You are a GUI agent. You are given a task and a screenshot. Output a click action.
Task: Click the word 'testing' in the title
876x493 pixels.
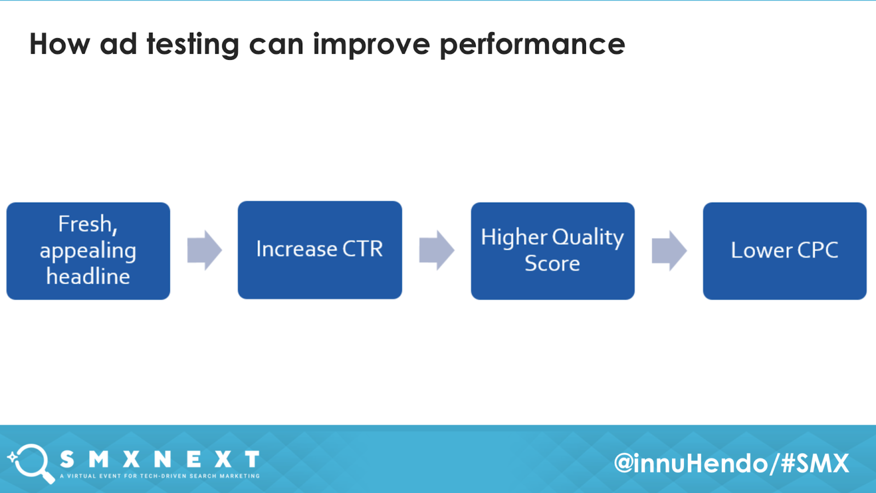(x=193, y=44)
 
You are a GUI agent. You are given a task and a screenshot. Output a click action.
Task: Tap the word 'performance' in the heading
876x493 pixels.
(x=532, y=44)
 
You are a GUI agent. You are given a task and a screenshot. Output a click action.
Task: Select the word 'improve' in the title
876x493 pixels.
(x=372, y=44)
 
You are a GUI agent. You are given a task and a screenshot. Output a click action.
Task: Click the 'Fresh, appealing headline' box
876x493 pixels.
(x=88, y=251)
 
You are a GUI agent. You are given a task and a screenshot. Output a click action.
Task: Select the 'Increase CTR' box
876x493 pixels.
(x=320, y=250)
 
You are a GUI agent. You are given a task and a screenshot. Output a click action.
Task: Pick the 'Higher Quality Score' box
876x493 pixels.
(x=552, y=251)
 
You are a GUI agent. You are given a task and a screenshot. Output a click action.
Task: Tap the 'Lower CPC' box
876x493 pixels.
(x=785, y=251)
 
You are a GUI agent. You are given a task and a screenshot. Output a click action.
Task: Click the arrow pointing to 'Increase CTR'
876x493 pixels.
(x=205, y=250)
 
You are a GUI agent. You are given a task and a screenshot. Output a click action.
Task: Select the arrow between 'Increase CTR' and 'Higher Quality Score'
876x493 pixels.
(x=437, y=250)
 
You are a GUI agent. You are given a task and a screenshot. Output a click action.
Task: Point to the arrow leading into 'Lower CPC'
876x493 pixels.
(x=669, y=250)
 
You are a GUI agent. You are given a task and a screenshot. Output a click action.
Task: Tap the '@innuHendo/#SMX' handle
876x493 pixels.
(x=731, y=463)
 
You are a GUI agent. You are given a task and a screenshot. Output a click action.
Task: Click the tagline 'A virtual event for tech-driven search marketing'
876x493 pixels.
(x=159, y=476)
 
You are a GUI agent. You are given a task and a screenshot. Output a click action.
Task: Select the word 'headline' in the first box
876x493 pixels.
(x=88, y=276)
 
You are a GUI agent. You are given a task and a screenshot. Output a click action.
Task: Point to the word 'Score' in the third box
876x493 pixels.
(x=552, y=263)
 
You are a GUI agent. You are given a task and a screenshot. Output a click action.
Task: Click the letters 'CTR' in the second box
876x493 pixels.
(x=362, y=249)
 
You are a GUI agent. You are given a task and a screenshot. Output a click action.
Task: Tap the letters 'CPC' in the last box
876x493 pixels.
(x=818, y=250)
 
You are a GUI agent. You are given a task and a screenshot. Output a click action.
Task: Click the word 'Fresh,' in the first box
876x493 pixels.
(x=88, y=224)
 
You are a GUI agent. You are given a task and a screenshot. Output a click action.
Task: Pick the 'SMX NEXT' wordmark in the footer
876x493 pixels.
(x=159, y=460)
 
